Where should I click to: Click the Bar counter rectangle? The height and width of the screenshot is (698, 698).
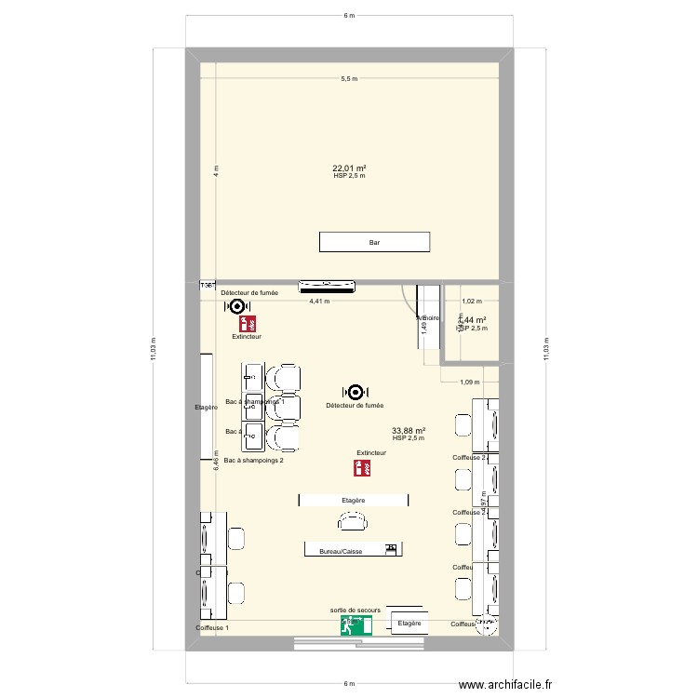point(374,242)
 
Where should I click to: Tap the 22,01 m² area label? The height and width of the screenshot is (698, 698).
point(349,168)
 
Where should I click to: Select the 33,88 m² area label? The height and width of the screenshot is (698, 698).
point(409,431)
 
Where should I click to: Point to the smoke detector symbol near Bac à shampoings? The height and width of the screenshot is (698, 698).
point(355,394)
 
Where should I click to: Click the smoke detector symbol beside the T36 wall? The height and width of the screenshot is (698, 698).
point(236,305)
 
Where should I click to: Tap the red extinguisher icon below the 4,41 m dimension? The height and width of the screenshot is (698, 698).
point(248,325)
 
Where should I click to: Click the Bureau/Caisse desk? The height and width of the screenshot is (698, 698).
point(352,550)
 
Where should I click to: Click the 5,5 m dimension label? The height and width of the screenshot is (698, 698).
point(349,79)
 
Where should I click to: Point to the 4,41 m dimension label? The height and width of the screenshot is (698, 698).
point(319,301)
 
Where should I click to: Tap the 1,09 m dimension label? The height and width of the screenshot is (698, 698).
point(470,382)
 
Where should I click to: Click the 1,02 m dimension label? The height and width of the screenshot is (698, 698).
point(472,301)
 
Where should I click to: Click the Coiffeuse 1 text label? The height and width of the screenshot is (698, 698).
point(212,629)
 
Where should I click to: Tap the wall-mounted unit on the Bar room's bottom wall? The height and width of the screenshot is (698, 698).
point(326,284)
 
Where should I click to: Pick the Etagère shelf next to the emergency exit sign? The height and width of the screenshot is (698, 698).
point(410,624)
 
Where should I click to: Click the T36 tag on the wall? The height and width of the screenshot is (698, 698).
point(208,286)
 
